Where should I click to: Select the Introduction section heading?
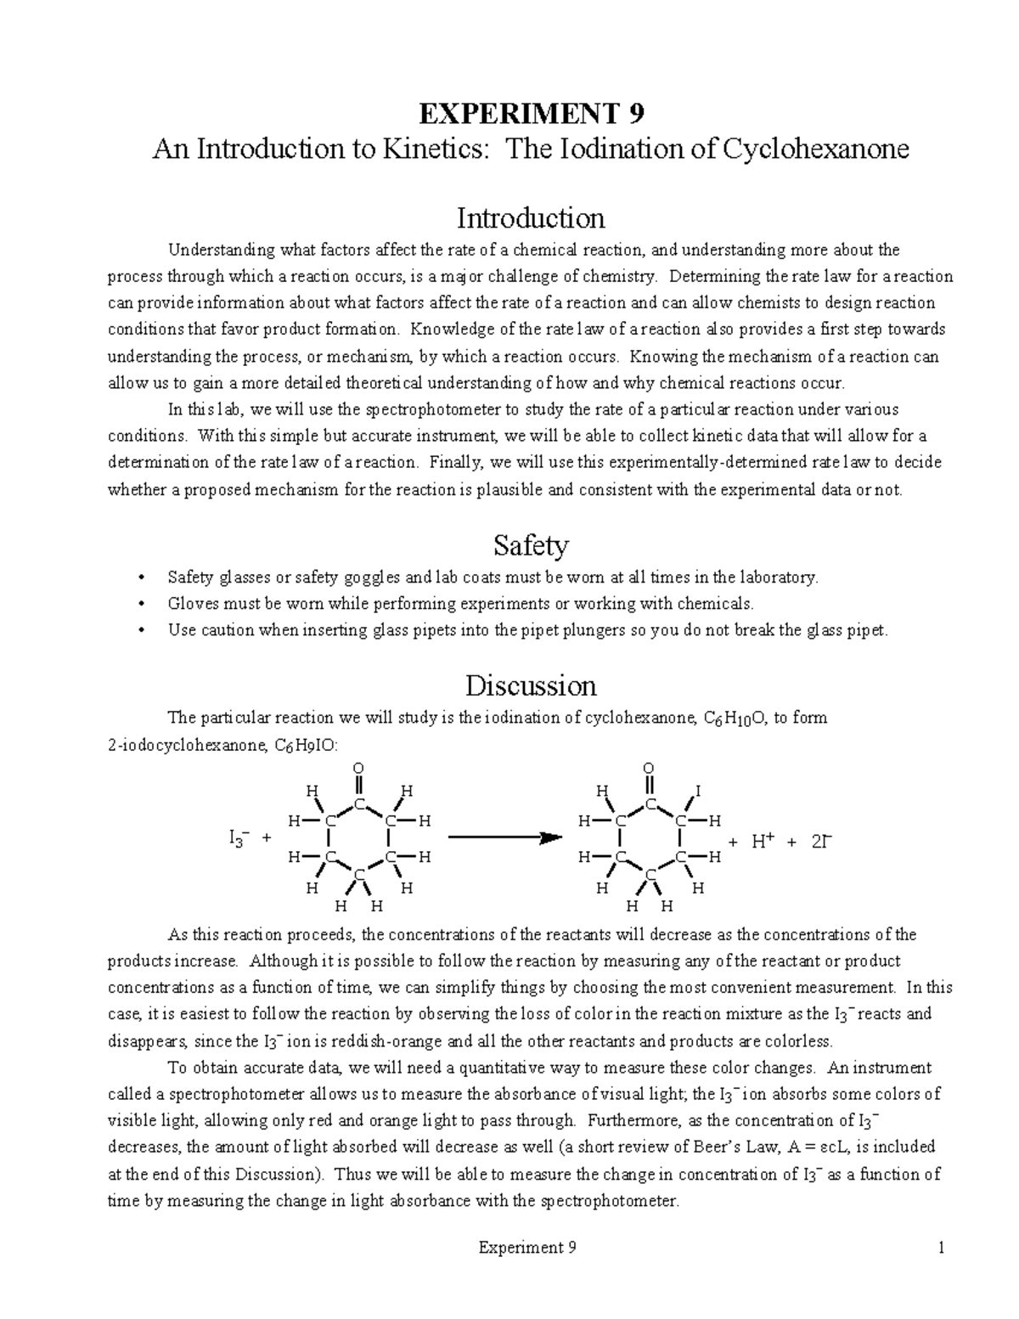click(x=531, y=218)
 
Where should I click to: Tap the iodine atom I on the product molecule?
click(x=698, y=792)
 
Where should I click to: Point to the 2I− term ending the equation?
click(x=822, y=842)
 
